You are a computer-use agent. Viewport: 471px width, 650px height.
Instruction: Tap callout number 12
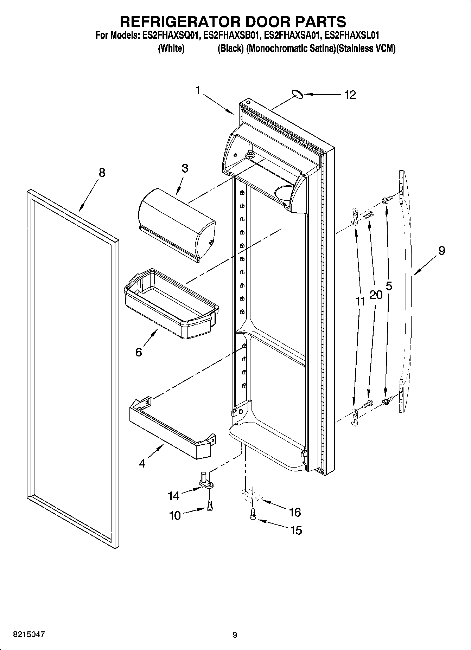350,95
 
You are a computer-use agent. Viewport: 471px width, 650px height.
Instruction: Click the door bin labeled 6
171,304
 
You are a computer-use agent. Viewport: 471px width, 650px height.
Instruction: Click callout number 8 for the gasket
101,173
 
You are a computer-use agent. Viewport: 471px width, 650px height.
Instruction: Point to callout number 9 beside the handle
441,251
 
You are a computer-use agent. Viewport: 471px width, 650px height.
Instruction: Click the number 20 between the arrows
376,295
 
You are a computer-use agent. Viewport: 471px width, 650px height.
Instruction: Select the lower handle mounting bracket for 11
355,417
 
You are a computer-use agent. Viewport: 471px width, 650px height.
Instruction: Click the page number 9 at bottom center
235,635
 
